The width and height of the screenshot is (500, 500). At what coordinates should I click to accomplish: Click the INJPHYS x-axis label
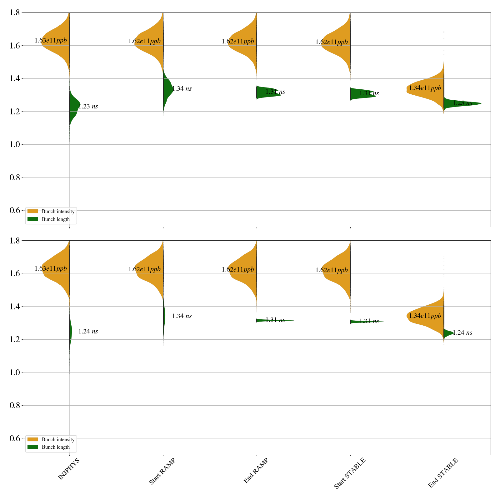coord(69,469)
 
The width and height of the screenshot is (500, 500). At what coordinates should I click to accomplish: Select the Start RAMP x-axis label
coord(162,471)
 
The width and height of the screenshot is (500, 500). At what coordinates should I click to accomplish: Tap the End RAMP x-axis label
coord(256,471)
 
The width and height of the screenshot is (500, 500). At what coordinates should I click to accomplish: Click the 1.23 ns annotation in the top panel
coord(88,107)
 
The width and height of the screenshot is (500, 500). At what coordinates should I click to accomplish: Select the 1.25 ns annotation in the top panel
coord(462,103)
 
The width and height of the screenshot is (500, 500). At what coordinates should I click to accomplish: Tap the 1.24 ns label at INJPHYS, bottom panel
coord(88,332)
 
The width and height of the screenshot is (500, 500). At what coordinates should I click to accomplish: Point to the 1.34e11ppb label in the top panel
coord(425,88)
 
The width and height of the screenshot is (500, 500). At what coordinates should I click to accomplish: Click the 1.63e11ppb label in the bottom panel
coord(51,268)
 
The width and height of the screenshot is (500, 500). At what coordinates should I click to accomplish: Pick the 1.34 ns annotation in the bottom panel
coord(182,316)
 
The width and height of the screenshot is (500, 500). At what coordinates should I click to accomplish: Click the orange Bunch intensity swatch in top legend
coord(32,212)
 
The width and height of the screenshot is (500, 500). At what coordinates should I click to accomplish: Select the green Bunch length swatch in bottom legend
coord(32,447)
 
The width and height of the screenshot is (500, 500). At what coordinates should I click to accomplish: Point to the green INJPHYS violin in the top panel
coord(74,105)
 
